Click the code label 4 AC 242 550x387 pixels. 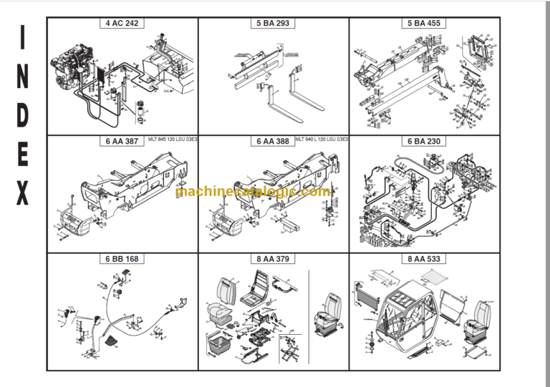[122, 23]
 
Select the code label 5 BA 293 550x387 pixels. [273, 23]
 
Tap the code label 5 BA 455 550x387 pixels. [424, 23]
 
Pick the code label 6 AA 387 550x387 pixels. [122, 141]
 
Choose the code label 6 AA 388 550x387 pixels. [273, 141]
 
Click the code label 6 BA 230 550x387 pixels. [424, 141]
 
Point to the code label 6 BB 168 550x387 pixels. [122, 259]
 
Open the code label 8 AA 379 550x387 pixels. [273, 259]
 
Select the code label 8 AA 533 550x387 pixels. [424, 259]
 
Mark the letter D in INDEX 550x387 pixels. [23, 116]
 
